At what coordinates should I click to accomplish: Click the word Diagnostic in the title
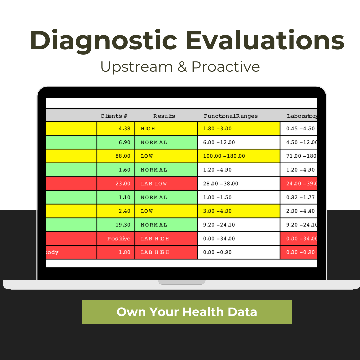tap(103, 41)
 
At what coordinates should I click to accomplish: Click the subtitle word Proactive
tap(226, 67)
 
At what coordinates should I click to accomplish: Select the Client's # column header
tap(114, 116)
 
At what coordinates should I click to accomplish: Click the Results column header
tap(164, 116)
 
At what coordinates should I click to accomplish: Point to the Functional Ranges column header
tap(231, 116)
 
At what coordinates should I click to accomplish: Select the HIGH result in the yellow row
tap(148, 129)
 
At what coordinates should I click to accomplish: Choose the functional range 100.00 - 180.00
tap(224, 156)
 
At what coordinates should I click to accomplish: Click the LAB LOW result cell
tap(154, 184)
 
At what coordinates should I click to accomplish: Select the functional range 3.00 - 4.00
tap(217, 211)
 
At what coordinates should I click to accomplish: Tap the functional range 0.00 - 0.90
tap(217, 252)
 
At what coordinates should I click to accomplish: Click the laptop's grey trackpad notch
tap(182, 282)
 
